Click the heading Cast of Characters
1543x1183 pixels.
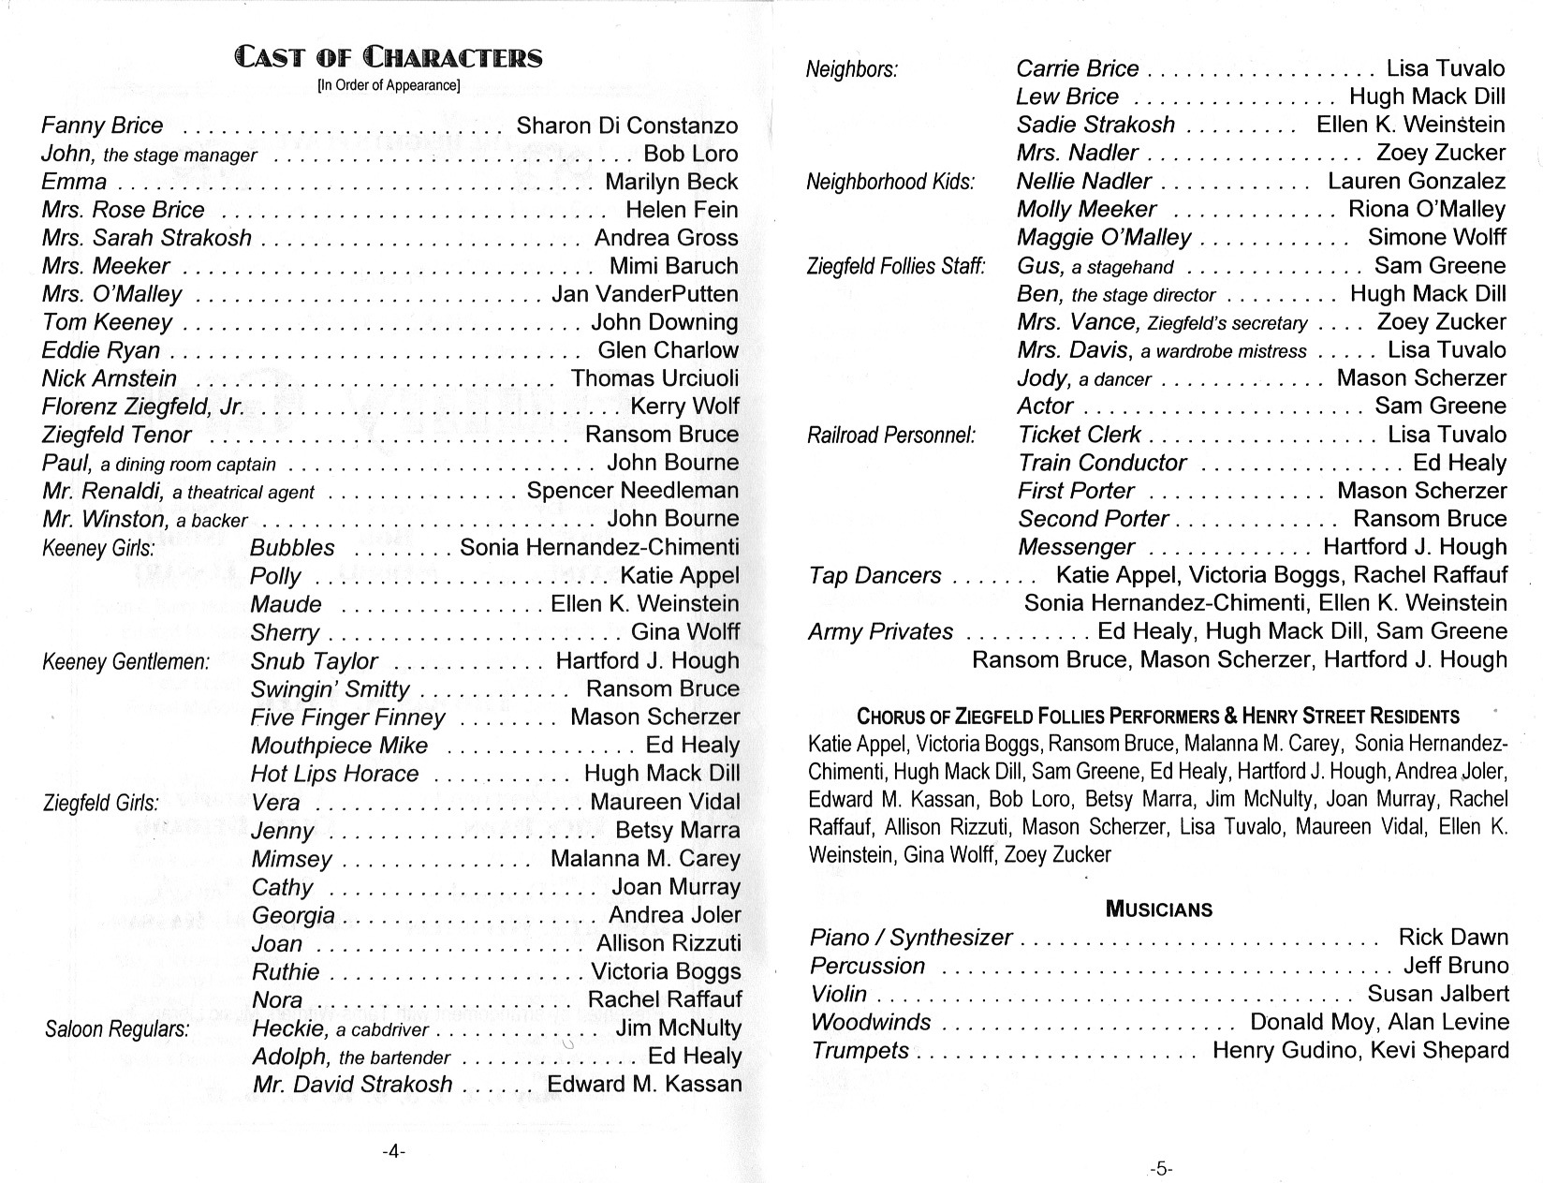pos(389,58)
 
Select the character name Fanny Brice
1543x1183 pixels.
pos(102,126)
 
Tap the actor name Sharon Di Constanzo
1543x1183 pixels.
pos(627,126)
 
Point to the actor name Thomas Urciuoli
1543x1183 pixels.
pos(654,378)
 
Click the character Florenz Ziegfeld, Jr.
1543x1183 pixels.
pos(142,407)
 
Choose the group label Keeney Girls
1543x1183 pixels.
pos(98,548)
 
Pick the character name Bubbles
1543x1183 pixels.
pos(292,548)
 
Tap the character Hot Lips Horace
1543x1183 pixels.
pos(334,774)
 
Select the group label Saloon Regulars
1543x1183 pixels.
pos(117,1029)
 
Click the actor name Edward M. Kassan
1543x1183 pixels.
pos(644,1085)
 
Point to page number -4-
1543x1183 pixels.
pos(393,1152)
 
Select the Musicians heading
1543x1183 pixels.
pos(1158,909)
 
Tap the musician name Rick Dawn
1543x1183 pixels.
pos(1453,938)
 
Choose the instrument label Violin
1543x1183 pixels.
pos(839,994)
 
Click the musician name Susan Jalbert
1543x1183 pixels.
pos(1438,994)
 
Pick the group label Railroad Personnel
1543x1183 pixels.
pos(890,436)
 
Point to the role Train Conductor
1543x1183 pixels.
pos(1102,463)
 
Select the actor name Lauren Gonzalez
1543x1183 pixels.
pos(1417,181)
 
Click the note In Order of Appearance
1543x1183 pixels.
pos(389,86)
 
